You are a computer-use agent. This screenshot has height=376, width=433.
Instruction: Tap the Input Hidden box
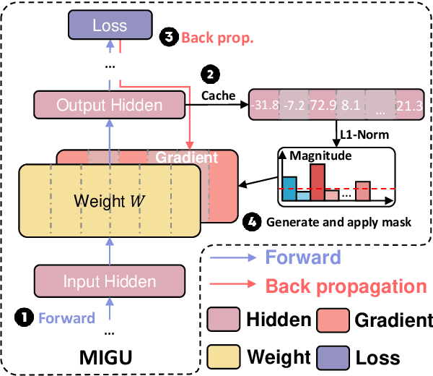click(109, 281)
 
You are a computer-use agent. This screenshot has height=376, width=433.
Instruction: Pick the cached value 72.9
click(323, 106)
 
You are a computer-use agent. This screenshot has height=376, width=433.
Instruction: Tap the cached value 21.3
click(411, 106)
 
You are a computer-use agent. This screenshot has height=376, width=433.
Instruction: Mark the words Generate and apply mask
click(338, 223)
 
